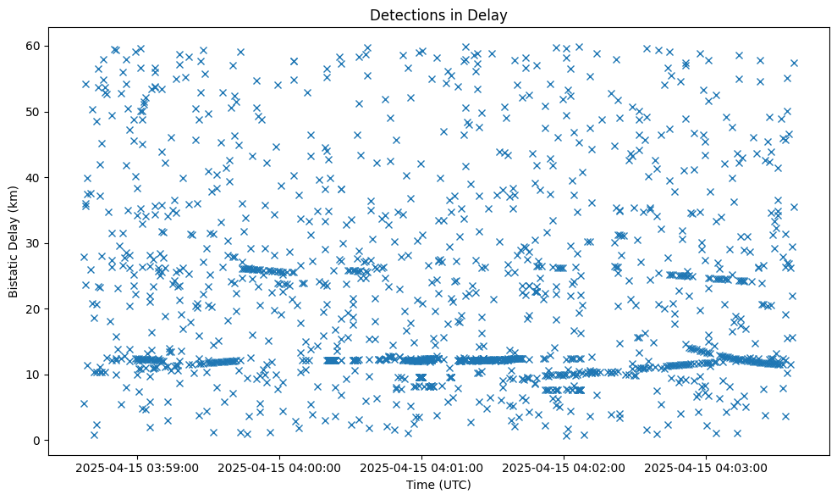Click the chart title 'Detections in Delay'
tap(438, 15)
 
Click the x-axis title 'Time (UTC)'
tap(438, 485)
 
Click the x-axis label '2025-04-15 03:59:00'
tap(137, 467)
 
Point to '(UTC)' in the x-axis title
tap(454, 485)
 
